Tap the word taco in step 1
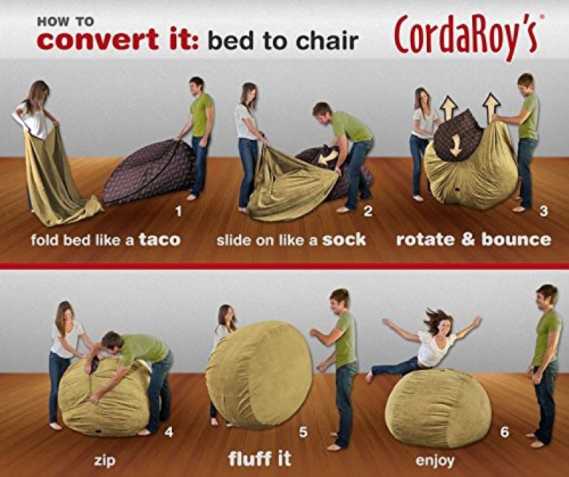[x=160, y=240]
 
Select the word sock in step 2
[x=344, y=240]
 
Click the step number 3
[x=543, y=211]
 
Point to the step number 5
[x=303, y=432]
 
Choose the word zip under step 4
[x=105, y=460]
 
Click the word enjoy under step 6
[x=435, y=461]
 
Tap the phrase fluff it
[x=259, y=458]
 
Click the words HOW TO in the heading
[x=65, y=22]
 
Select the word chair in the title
[x=327, y=40]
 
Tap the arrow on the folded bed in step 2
[x=328, y=157]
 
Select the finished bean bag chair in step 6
[x=438, y=408]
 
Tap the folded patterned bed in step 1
[x=149, y=172]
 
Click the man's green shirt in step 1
[x=201, y=115]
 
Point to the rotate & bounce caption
[x=474, y=240]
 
